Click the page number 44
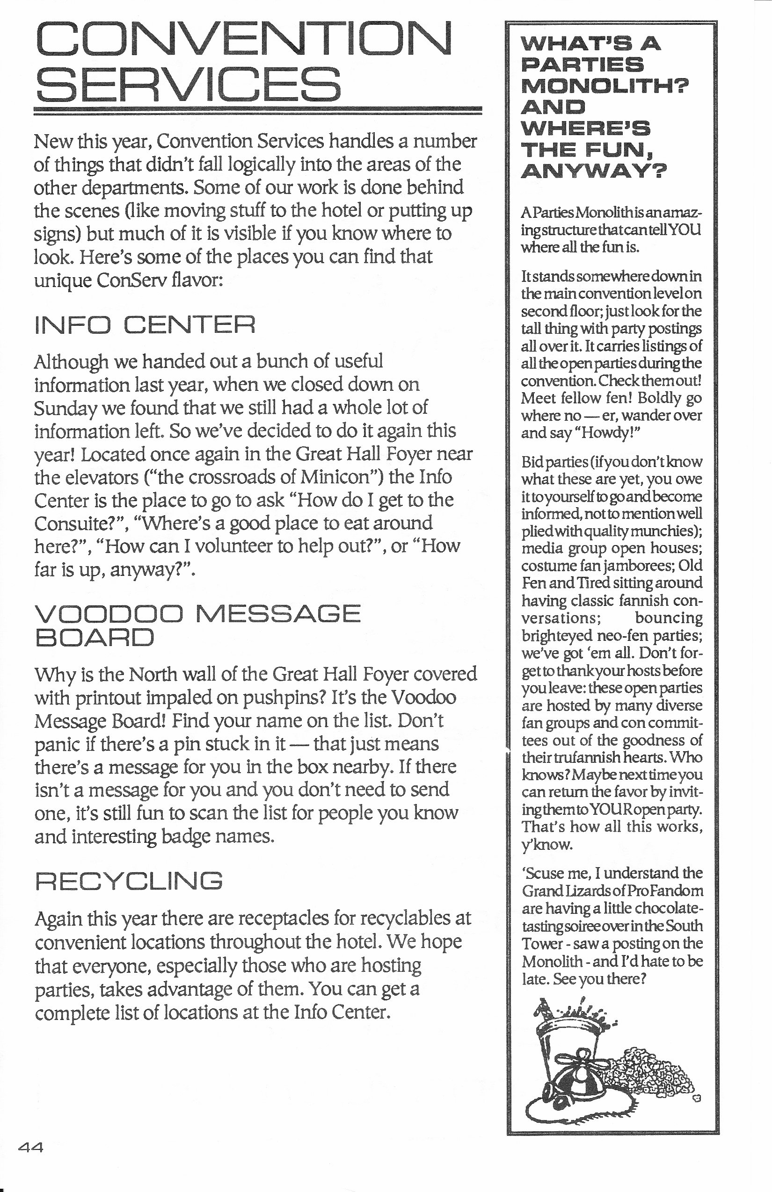(30, 1148)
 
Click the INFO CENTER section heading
(145, 325)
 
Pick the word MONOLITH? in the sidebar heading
(604, 86)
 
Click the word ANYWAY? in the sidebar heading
(594, 171)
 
